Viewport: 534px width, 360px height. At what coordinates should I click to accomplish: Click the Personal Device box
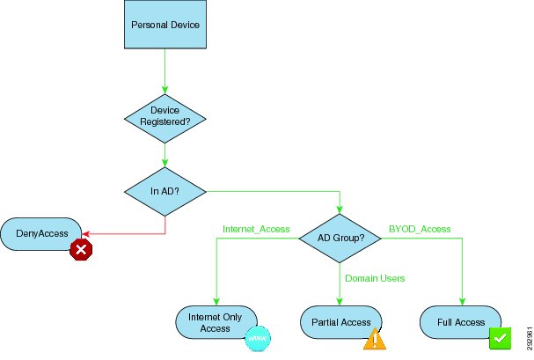165,25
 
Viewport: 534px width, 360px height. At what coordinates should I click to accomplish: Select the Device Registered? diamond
165,119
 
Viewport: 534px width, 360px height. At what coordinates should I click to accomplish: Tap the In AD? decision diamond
165,191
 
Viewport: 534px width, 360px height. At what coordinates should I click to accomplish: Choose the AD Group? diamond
340,238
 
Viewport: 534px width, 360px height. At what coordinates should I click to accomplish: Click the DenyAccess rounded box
41,234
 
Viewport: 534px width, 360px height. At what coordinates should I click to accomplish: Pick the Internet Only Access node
216,322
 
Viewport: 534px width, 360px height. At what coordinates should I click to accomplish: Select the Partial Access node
341,322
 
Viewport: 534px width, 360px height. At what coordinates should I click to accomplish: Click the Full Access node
460,322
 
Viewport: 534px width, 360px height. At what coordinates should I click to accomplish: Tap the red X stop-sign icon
81,250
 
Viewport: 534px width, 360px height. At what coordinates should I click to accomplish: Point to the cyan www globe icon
258,339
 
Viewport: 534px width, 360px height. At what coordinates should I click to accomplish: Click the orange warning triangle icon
375,339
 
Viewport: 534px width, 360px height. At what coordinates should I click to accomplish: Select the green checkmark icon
500,338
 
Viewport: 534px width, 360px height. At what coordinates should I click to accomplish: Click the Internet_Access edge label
256,229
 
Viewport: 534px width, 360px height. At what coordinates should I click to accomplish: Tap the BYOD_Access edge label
420,229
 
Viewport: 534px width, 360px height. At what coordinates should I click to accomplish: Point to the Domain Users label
375,278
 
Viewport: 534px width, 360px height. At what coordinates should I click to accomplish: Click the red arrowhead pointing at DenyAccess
86,234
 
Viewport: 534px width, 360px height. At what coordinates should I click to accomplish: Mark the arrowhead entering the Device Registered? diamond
165,91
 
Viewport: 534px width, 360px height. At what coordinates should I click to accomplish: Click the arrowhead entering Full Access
462,302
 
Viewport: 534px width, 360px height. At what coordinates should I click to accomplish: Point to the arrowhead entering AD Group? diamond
340,209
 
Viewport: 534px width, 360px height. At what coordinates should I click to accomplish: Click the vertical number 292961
530,338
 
